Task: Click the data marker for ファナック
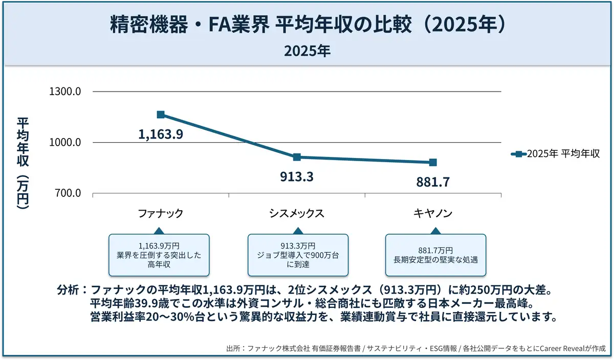(161, 115)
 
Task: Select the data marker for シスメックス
(297, 157)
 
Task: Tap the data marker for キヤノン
(433, 163)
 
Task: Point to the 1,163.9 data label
(161, 134)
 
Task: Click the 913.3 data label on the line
(297, 177)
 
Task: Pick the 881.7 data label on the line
(433, 182)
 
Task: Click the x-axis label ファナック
(161, 214)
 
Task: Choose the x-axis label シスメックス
(297, 214)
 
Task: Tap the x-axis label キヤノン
(433, 214)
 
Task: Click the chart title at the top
(307, 25)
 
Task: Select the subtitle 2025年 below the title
(307, 51)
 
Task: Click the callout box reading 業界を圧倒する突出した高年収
(159, 255)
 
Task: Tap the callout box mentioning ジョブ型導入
(298, 255)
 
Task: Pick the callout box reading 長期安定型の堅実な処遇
(435, 255)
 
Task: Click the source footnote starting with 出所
(415, 349)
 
